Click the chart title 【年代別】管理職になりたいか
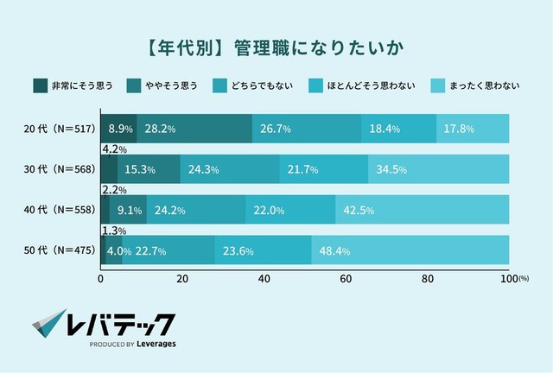pyautogui.click(x=276, y=43)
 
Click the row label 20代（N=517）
pyautogui.click(x=56, y=129)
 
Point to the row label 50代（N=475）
pyautogui.click(x=56, y=250)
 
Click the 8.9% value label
pyautogui.click(x=120, y=129)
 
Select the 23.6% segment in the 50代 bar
pyautogui.click(x=263, y=250)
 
